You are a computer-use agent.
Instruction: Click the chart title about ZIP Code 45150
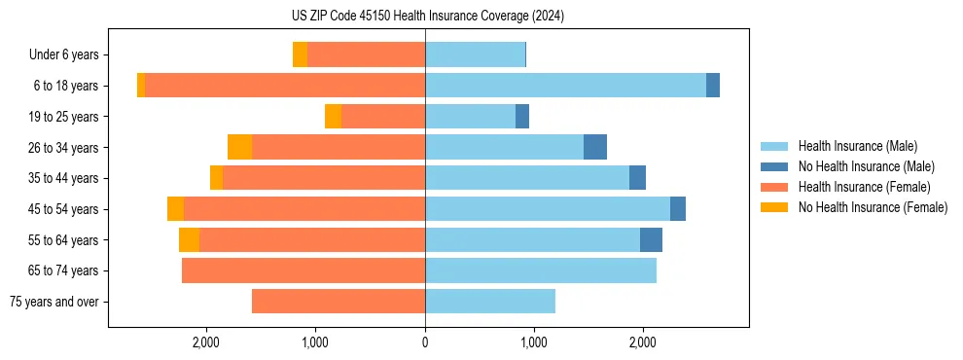[x=427, y=17]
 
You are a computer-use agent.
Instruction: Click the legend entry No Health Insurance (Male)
[x=866, y=166]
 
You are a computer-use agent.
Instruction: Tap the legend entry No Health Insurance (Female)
[x=873, y=207]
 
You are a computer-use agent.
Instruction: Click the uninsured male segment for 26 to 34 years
[x=595, y=147]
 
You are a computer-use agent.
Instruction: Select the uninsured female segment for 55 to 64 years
[x=189, y=239]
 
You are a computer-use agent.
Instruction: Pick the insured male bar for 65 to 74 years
[x=541, y=270]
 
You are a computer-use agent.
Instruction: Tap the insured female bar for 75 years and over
[x=339, y=302]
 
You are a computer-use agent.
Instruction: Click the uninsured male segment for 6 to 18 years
[x=713, y=86]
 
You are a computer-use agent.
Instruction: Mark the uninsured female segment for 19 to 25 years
[x=333, y=116]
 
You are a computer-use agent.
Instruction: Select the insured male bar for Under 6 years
[x=475, y=54]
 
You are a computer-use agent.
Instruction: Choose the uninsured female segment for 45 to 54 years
[x=175, y=209]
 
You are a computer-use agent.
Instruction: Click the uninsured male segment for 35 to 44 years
[x=637, y=178]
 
